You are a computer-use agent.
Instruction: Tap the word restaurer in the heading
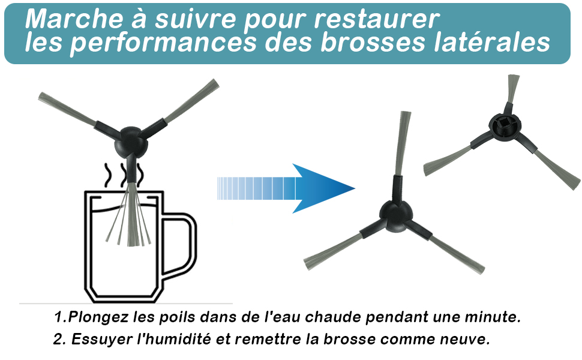pyautogui.click(x=377, y=19)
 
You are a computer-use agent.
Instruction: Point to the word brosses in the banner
pyautogui.click(x=373, y=41)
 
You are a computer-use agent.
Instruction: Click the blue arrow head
pyautogui.click(x=323, y=188)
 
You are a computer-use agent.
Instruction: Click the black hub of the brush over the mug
pyautogui.click(x=131, y=142)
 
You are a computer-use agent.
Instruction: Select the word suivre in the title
pyautogui.click(x=195, y=19)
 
